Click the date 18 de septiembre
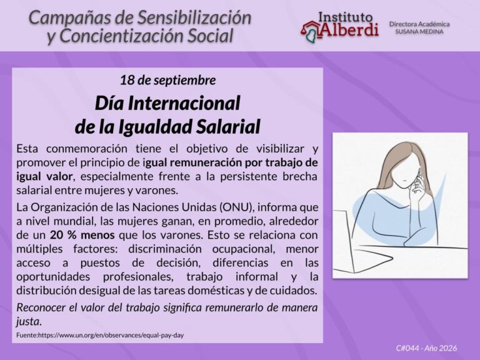[x=167, y=81]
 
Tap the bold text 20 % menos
[x=82, y=235]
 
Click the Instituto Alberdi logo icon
[x=310, y=31]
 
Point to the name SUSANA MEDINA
[x=419, y=31]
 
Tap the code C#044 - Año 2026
[x=426, y=348]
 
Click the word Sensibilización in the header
[x=194, y=18]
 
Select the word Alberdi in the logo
[x=349, y=30]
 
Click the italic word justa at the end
[x=29, y=322]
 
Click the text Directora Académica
[x=419, y=24]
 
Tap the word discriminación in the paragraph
[x=165, y=249]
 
